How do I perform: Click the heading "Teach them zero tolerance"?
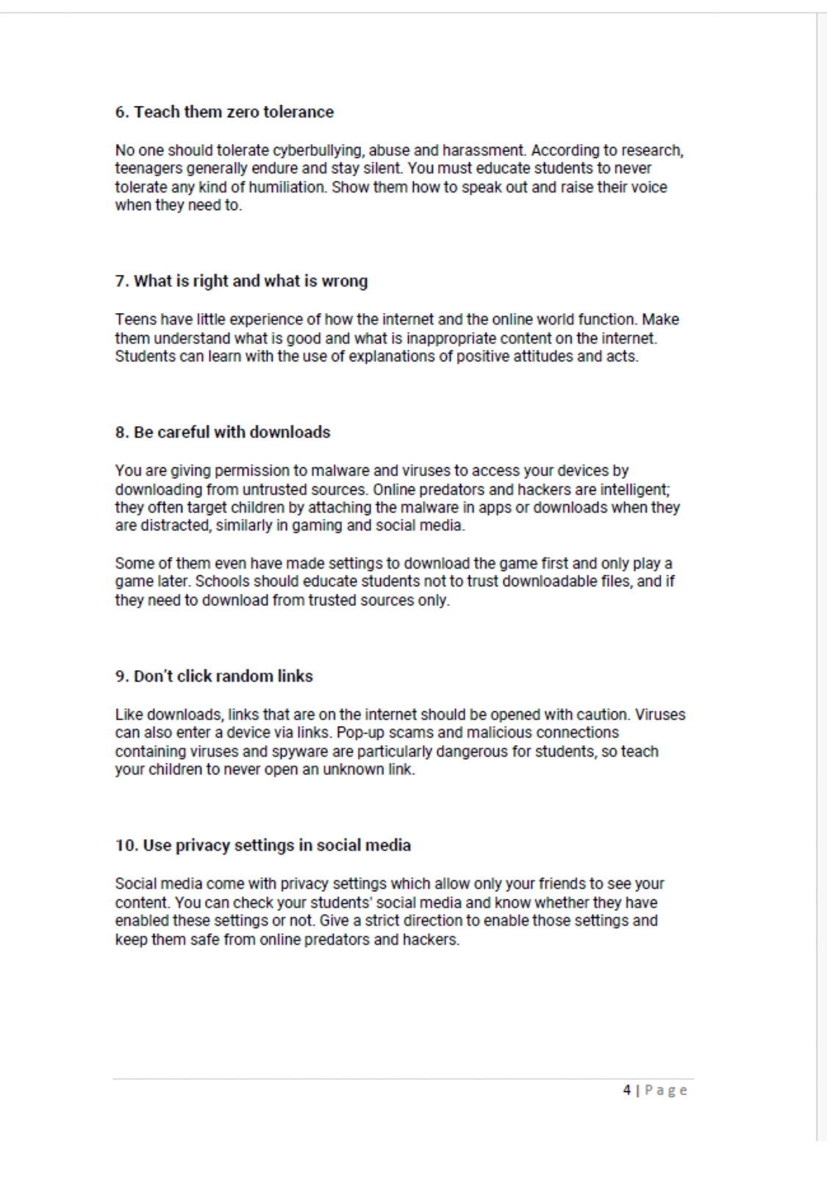(x=224, y=112)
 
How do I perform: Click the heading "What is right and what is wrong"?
(x=241, y=281)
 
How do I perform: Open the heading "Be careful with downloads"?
(x=223, y=432)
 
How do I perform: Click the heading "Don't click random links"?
(x=214, y=676)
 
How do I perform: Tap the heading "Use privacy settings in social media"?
(x=262, y=845)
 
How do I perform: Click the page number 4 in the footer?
(x=627, y=1090)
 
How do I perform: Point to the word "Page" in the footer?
(x=666, y=1090)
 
